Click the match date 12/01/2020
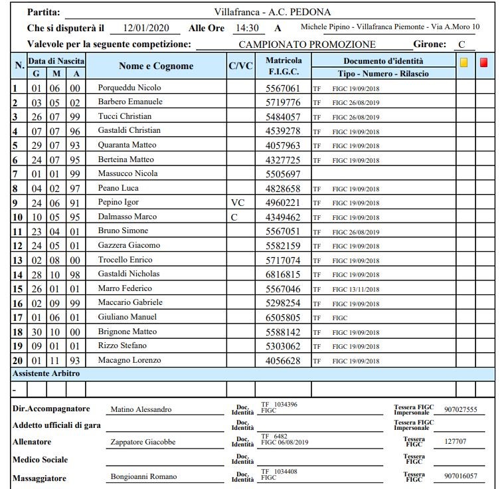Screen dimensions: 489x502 click(x=147, y=28)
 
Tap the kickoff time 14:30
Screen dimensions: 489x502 click(x=249, y=28)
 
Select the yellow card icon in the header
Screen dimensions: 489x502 click(x=464, y=62)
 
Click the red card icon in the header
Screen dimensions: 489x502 click(x=484, y=62)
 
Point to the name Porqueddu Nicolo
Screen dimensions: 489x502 click(x=129, y=88)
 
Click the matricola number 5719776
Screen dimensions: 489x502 click(x=283, y=102)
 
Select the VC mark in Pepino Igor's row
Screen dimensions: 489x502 click(x=238, y=203)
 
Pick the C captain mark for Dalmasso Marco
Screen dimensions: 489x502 click(x=234, y=217)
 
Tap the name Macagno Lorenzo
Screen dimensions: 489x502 click(x=129, y=360)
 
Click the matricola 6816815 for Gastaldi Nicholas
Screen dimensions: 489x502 click(x=283, y=274)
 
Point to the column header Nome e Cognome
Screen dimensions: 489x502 click(x=156, y=66)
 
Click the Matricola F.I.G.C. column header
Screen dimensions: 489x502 click(x=284, y=66)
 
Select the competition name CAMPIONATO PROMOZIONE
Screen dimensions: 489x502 click(x=307, y=45)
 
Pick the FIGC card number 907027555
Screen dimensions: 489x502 click(x=460, y=410)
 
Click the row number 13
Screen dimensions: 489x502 click(x=18, y=260)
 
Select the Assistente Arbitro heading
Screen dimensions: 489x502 click(x=46, y=374)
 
